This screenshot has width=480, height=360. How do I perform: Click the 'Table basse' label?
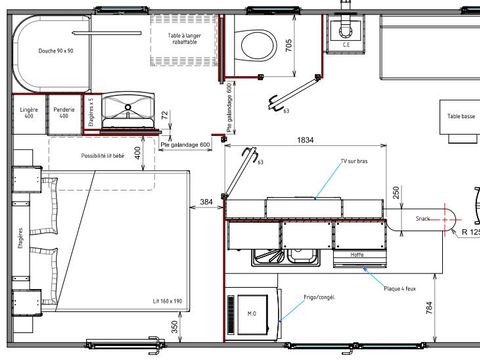pyautogui.click(x=461, y=117)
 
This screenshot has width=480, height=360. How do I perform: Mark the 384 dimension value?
pyautogui.click(x=206, y=202)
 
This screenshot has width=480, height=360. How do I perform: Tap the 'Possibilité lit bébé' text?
pyautogui.click(x=104, y=157)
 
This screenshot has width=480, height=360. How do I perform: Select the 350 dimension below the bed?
pyautogui.click(x=176, y=327)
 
